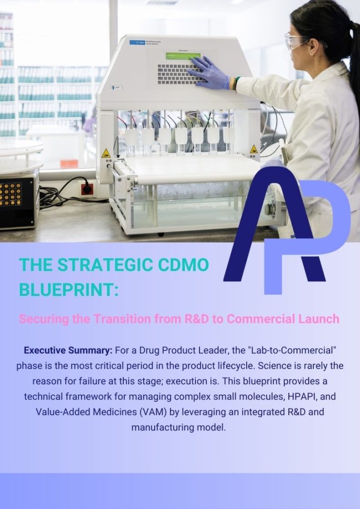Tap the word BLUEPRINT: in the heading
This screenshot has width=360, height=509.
pos(69,290)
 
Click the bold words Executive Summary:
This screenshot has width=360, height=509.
pos(68,351)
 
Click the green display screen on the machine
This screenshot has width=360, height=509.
pos(183,56)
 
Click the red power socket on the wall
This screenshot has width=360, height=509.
pos(88,189)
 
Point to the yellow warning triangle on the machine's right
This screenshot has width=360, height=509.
pos(254,149)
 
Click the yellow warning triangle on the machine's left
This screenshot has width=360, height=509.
pos(106,153)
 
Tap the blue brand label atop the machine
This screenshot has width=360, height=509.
pos(137,42)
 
